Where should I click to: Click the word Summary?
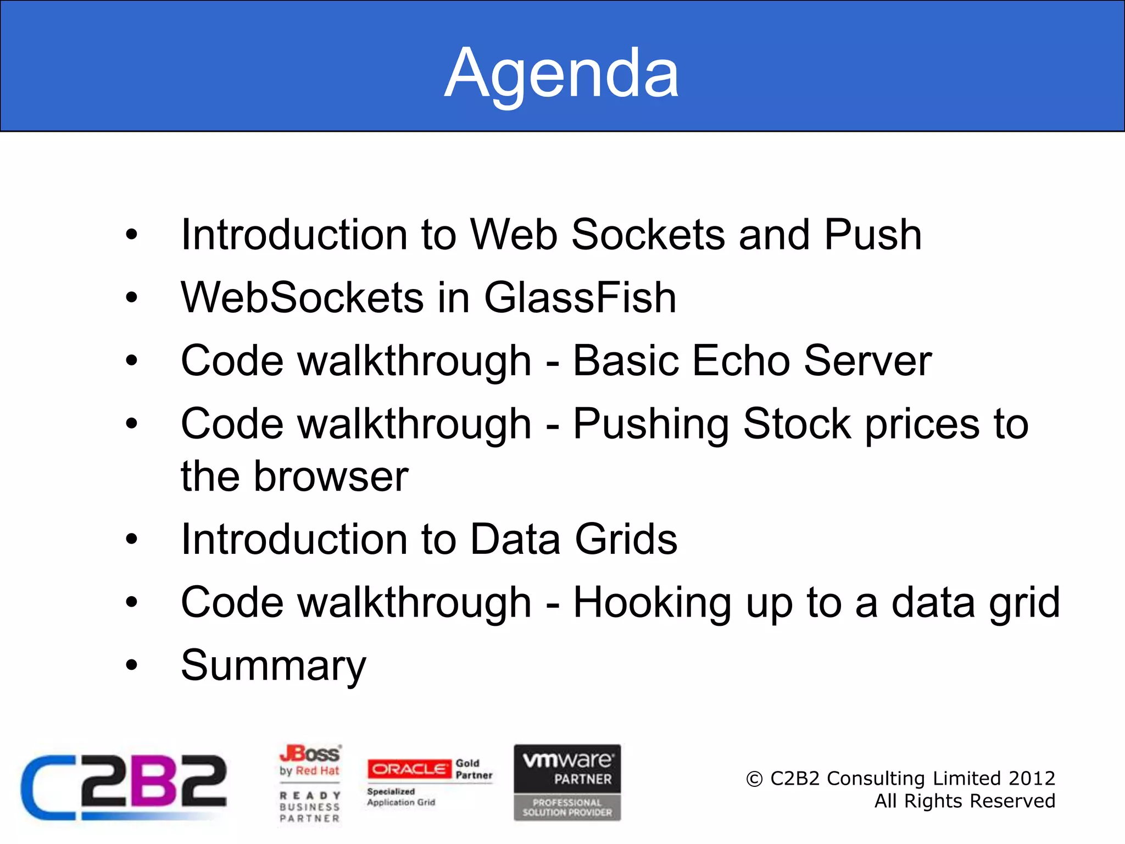click(273, 666)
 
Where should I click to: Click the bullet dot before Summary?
click(131, 665)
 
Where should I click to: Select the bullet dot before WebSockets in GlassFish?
click(131, 298)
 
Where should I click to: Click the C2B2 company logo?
click(124, 786)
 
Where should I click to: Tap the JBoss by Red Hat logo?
click(310, 762)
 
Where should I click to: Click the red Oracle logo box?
click(409, 769)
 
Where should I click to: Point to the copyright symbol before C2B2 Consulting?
click(754, 779)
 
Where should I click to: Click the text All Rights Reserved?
click(965, 801)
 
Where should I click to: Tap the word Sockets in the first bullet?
click(648, 235)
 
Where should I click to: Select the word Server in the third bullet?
click(867, 361)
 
